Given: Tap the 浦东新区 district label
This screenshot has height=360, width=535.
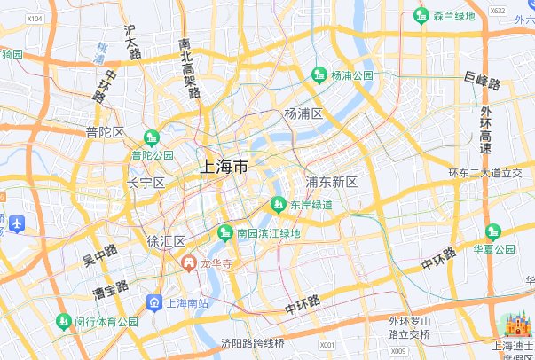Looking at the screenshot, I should click(x=331, y=182).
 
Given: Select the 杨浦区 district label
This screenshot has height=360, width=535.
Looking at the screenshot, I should click(x=303, y=114).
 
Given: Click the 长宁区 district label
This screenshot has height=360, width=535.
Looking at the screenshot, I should click(x=146, y=183).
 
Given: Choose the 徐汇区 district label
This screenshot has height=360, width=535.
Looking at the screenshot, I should click(x=166, y=241).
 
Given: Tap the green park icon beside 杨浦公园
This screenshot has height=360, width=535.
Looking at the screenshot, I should click(x=318, y=75).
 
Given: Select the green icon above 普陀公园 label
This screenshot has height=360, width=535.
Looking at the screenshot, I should click(x=152, y=137).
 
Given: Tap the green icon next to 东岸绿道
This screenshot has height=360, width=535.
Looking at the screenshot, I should click(x=278, y=205).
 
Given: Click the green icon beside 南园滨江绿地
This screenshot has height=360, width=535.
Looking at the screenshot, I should click(x=224, y=233).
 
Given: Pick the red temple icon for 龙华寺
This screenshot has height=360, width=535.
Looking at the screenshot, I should click(x=188, y=263).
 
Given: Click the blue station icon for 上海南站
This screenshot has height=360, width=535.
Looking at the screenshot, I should click(x=154, y=303).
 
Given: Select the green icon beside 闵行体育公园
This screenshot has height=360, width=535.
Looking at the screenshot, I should click(x=63, y=321).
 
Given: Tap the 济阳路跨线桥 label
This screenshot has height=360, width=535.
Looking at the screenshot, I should click(x=253, y=343).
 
